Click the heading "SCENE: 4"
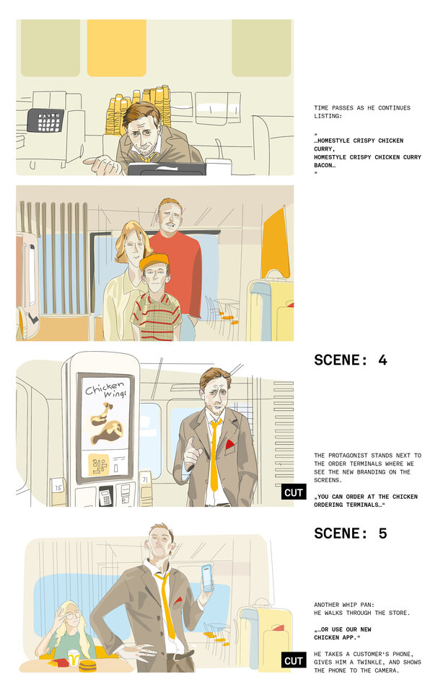[351, 360]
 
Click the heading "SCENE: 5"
[351, 533]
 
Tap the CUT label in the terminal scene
[294, 492]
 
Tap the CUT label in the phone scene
[294, 660]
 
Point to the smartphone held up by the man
[208, 577]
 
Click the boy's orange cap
[154, 260]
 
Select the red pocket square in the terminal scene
[230, 445]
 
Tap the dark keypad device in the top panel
[45, 120]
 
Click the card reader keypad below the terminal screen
[105, 496]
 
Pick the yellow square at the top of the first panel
[116, 48]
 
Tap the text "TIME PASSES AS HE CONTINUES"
[362, 108]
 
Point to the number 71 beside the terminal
[145, 478]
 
